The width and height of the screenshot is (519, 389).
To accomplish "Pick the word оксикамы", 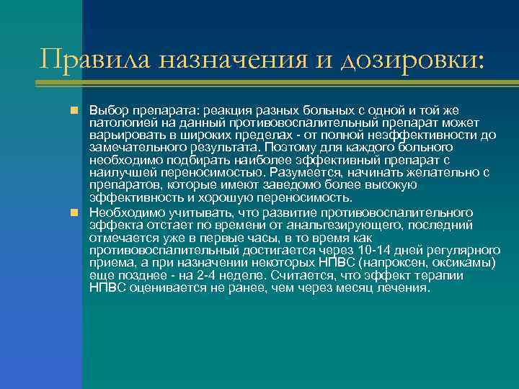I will point(465,262).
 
